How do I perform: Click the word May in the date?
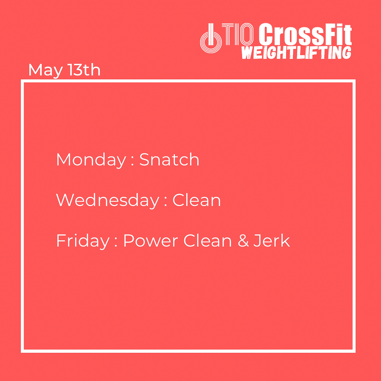pyautogui.click(x=45, y=71)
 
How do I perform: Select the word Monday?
pyautogui.click(x=91, y=160)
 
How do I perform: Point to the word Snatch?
pyautogui.click(x=169, y=160)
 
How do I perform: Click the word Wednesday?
pyautogui.click(x=108, y=201)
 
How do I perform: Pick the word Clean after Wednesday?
pyautogui.click(x=196, y=200)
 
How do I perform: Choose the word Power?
pyautogui.click(x=151, y=241)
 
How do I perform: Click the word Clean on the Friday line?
pyautogui.click(x=208, y=241)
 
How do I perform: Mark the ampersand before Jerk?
pyautogui.click(x=243, y=241)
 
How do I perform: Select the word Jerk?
pyautogui.click(x=271, y=241)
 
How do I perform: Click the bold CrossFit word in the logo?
pyautogui.click(x=305, y=34)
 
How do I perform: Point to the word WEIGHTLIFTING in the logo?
pyautogui.click(x=296, y=53)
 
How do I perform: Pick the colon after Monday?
pyautogui.click(x=133, y=161)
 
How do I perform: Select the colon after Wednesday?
pyautogui.click(x=166, y=202)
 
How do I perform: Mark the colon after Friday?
pyautogui.click(x=116, y=242)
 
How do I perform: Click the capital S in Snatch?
pyautogui.click(x=144, y=160)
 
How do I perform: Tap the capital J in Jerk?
pyautogui.click(x=257, y=241)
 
